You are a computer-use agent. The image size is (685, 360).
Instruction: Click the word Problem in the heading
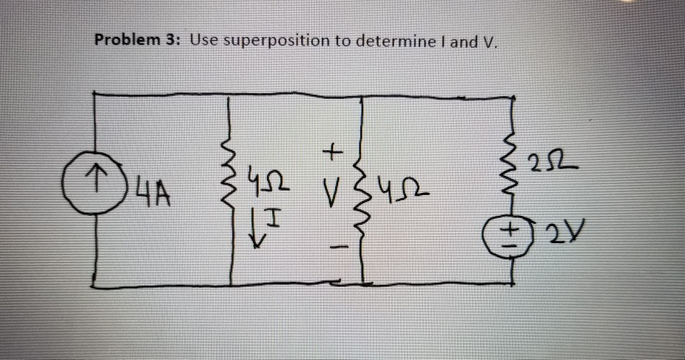(123, 40)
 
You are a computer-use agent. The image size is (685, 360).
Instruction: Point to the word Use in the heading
(204, 40)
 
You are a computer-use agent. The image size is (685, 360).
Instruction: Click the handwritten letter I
(275, 217)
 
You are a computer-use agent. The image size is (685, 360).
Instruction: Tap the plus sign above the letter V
(332, 153)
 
